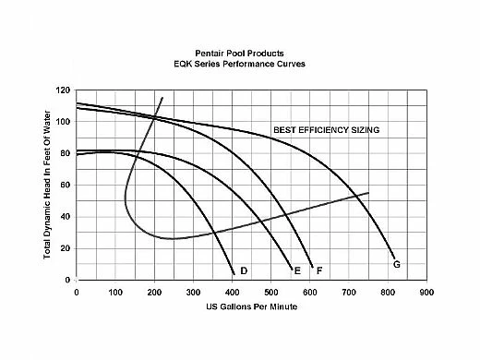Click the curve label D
point(244,270)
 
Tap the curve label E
point(296,270)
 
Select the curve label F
point(318,270)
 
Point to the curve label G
point(396,264)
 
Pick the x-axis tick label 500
point(270,291)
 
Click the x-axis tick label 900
point(426,291)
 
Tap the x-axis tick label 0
point(76,291)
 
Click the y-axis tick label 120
point(63,90)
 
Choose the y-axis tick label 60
point(66,185)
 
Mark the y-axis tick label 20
point(66,248)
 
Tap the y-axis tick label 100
point(63,122)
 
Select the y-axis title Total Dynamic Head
point(45,185)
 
